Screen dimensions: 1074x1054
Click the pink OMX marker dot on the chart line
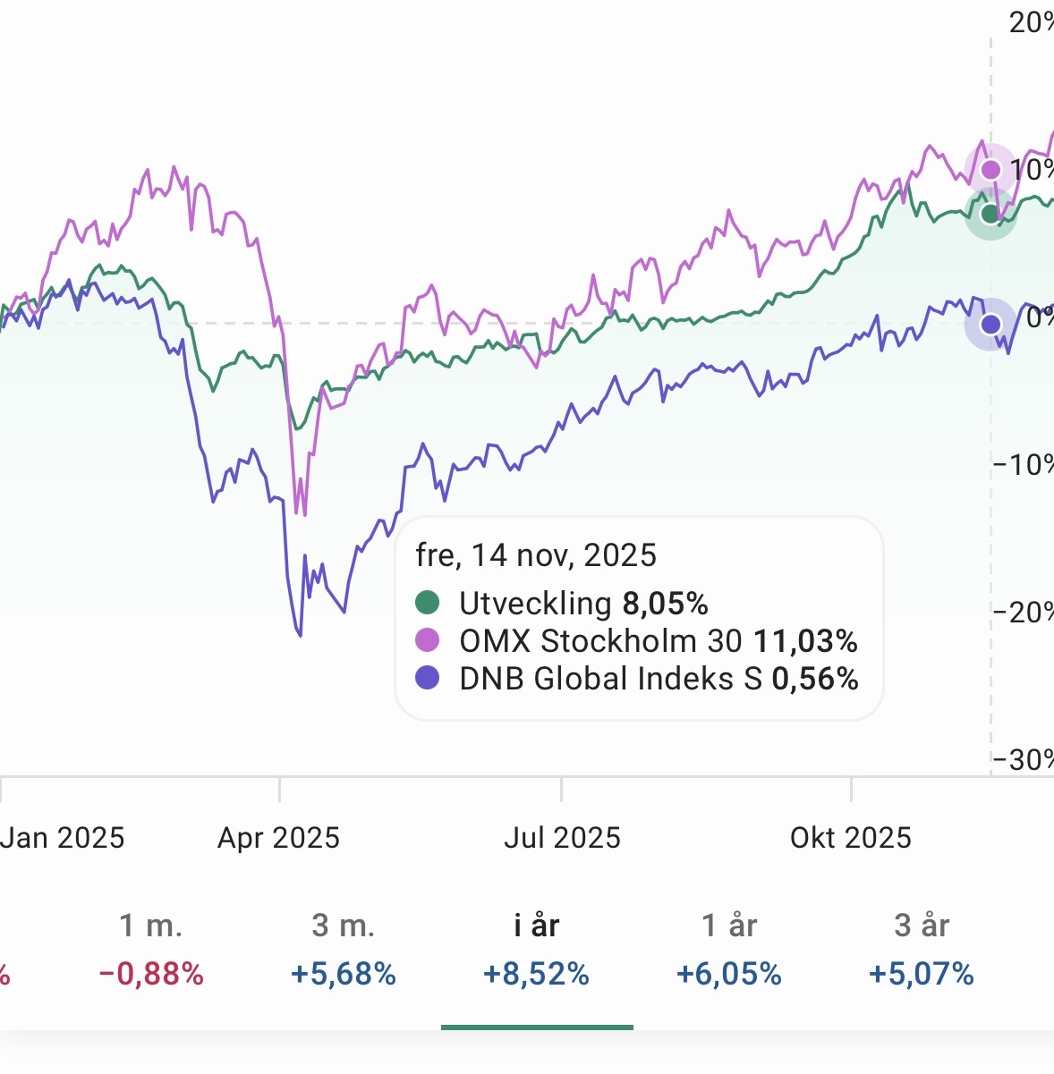(990, 170)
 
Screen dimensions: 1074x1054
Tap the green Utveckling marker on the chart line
(990, 214)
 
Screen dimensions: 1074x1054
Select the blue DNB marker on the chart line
(990, 324)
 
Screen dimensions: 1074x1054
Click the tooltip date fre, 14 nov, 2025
(536, 555)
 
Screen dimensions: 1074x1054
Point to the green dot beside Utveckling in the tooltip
(428, 603)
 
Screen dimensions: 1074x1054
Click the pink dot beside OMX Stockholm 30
(428, 640)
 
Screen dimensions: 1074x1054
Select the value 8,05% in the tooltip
(665, 604)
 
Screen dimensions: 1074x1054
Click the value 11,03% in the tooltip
(805, 641)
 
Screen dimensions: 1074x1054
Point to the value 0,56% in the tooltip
(814, 679)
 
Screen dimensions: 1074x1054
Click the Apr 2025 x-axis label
(279, 838)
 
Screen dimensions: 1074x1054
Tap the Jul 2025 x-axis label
(562, 838)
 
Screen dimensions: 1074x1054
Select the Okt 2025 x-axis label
(851, 838)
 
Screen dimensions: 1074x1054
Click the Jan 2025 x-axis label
(63, 838)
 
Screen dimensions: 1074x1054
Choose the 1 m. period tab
(151, 926)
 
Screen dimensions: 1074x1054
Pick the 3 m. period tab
(344, 926)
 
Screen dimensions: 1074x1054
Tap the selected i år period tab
(537, 926)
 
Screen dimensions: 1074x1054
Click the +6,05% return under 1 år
(729, 974)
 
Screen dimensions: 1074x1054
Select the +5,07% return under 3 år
(922, 974)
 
